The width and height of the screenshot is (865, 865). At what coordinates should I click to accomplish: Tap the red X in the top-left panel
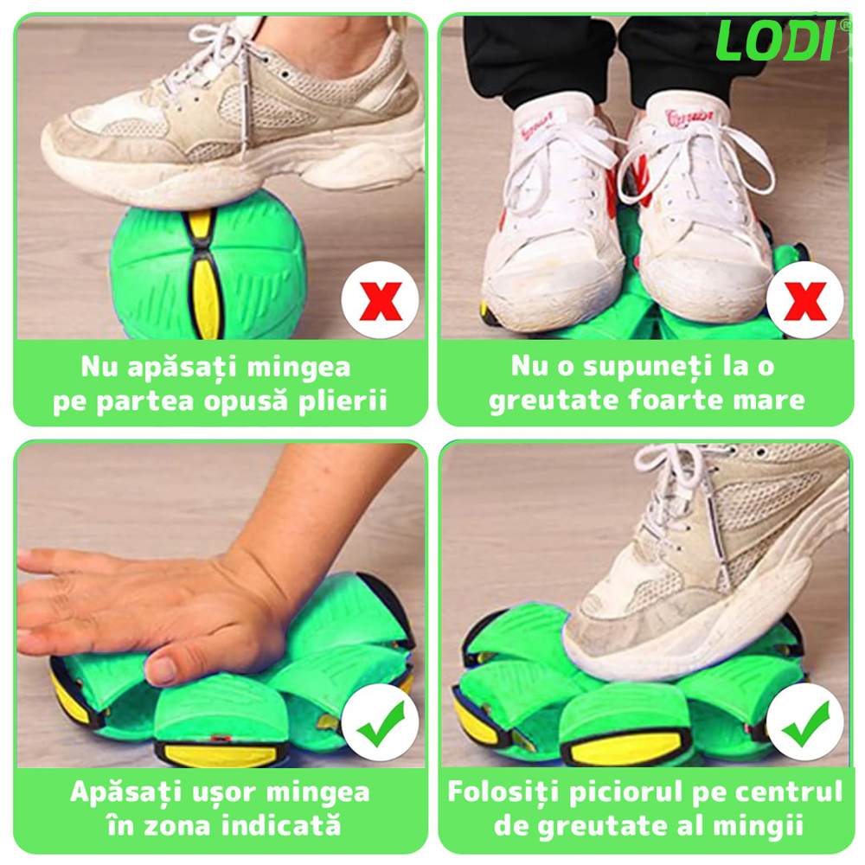pyautogui.click(x=380, y=301)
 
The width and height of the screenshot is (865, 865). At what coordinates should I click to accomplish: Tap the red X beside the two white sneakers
pyautogui.click(x=805, y=301)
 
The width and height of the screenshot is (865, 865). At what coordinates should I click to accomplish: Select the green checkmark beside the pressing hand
pyautogui.click(x=381, y=724)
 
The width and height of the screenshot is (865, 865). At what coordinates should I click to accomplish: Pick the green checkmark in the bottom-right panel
pyautogui.click(x=806, y=724)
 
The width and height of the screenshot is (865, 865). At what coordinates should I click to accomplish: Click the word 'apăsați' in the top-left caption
pyautogui.click(x=183, y=368)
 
